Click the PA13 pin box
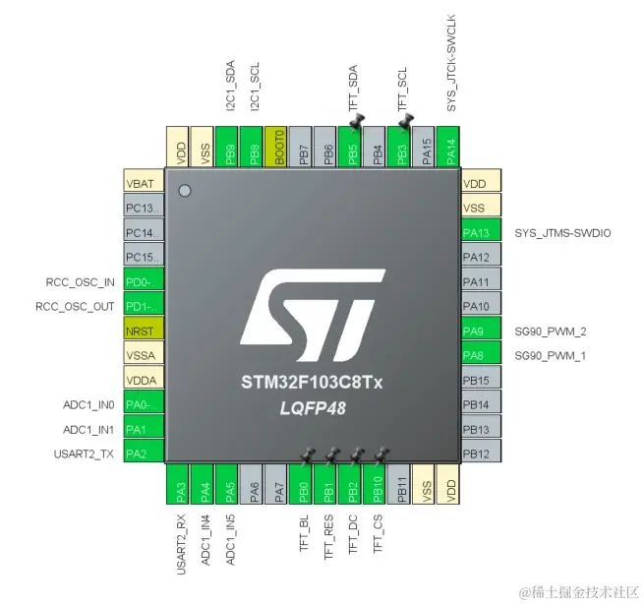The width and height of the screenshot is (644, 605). coord(481,232)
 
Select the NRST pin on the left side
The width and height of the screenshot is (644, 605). coord(144,332)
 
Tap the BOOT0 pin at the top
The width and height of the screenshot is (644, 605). coord(278,147)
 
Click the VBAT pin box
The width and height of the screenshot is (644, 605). coord(144,183)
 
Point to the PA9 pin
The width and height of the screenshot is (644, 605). coord(481,332)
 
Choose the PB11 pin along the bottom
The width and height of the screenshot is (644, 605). coord(402,484)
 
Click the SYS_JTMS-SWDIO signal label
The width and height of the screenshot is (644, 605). coord(562,233)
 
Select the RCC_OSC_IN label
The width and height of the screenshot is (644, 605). coord(74,282)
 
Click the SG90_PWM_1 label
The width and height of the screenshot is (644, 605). coord(550,356)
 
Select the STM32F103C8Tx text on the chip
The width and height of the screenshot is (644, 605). coord(312,381)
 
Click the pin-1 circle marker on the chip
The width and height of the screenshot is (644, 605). coord(184,190)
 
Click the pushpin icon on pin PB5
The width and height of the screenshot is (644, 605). coord(356,122)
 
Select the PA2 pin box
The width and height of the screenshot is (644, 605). coord(144,454)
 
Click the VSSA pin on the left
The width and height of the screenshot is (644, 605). coord(144,356)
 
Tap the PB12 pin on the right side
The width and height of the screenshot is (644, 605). coord(481,454)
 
